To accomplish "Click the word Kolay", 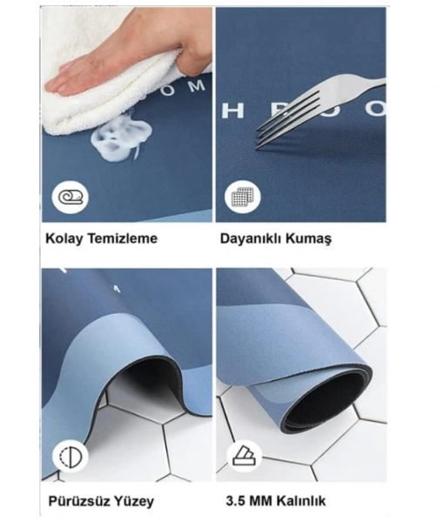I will (64, 238).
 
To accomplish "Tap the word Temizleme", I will (121, 238).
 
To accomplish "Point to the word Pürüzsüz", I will (76, 500).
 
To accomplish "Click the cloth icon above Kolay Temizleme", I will (68, 197).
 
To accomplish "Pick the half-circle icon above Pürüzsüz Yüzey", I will (68, 457).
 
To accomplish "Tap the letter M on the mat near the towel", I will (199, 85).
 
